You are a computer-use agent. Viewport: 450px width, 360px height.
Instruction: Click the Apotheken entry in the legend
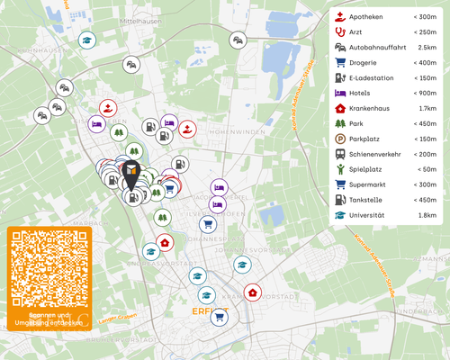coord(365,17)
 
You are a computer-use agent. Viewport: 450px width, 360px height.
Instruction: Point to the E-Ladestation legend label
coord(373,78)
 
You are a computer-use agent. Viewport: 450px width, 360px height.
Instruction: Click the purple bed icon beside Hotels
coord(340,93)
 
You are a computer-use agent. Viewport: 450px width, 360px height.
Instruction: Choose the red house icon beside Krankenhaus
coord(340,108)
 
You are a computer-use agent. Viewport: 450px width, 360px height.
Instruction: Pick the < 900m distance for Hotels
coord(424,93)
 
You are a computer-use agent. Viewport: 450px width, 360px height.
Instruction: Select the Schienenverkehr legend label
coord(379,154)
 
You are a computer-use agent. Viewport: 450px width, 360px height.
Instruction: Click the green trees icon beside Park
coord(340,123)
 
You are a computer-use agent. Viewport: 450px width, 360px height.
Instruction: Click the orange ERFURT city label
coord(210,312)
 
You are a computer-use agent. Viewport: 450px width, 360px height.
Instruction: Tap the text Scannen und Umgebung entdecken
coord(49,319)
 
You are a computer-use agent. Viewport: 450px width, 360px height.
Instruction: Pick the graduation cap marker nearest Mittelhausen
coord(86,40)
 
